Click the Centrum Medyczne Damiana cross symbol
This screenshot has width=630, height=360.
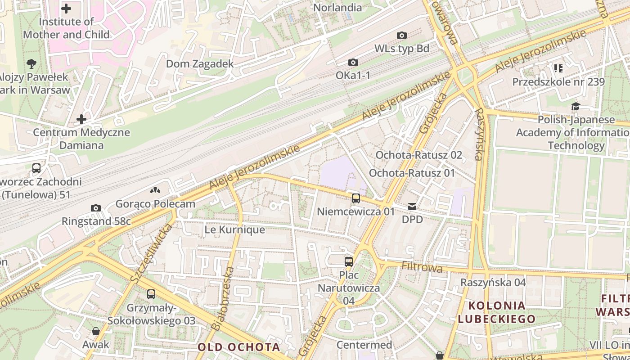point(81,119)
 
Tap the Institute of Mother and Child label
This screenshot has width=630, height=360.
point(66,28)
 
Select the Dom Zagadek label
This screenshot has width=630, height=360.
point(200,64)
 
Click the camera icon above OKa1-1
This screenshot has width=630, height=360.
point(353,62)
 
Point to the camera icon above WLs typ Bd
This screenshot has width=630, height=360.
point(402,35)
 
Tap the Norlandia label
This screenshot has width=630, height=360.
point(337,8)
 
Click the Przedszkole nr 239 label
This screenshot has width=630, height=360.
point(558,82)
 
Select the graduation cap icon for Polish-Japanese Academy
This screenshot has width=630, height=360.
point(576,107)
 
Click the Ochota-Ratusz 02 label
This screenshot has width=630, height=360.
point(418,155)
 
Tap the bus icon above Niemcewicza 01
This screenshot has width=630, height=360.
point(356,198)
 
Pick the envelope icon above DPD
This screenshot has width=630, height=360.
point(412,207)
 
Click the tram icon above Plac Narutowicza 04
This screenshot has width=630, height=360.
point(349,261)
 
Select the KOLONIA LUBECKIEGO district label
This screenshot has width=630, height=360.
point(497,312)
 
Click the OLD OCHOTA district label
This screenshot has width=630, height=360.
point(238,347)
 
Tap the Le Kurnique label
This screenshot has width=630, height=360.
point(234,229)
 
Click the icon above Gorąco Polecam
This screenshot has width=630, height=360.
point(155,191)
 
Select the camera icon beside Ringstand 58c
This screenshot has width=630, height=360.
point(96,208)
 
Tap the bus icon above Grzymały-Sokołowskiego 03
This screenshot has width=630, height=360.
point(151,294)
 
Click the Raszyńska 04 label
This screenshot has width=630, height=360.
point(493,282)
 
